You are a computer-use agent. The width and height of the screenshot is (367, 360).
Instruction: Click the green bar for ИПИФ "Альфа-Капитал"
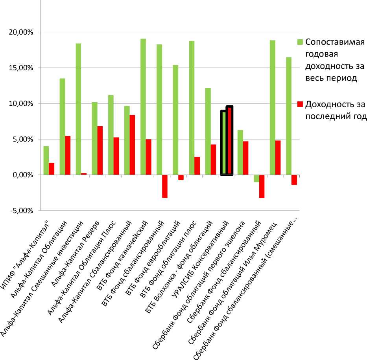pos(46,160)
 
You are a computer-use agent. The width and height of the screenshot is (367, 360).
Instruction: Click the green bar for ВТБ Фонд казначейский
pos(143,107)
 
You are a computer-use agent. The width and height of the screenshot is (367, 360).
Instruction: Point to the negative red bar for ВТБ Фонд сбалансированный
pos(164,186)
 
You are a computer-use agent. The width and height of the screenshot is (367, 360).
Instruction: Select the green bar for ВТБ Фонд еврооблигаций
pos(175,120)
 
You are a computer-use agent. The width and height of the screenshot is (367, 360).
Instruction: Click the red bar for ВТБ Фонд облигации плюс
pos(197,166)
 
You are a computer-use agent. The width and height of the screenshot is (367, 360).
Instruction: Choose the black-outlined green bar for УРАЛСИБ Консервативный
pos(224,143)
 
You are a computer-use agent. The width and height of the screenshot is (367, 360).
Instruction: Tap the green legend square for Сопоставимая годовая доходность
pos(300,42)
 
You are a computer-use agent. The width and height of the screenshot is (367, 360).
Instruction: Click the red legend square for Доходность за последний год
pos(300,104)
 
